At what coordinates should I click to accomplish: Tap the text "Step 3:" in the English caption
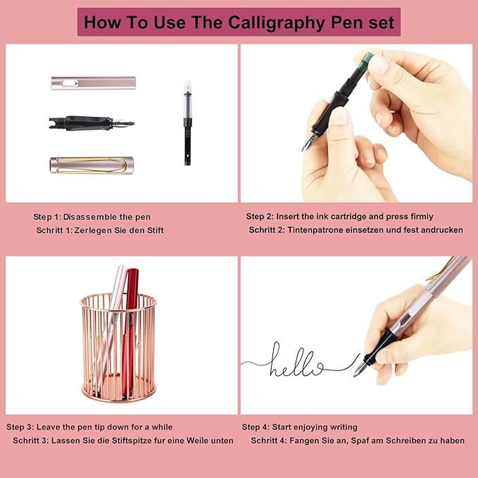click(x=23, y=427)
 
